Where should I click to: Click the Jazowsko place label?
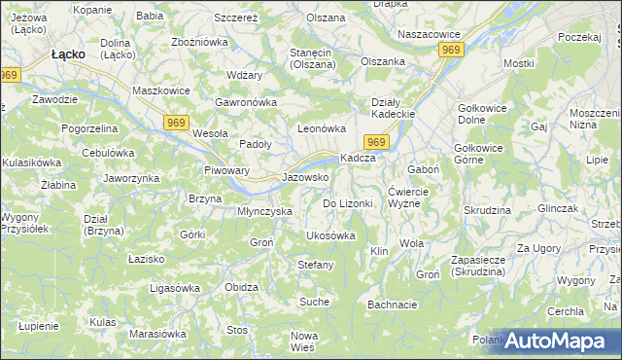[x=305, y=178]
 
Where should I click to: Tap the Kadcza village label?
[x=358, y=159]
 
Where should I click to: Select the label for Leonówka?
[x=322, y=128]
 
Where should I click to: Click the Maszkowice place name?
[x=160, y=91]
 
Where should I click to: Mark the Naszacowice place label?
[x=429, y=33]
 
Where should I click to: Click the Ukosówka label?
[x=330, y=236]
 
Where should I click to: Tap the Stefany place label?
[x=316, y=265]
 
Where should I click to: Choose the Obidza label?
[x=241, y=288]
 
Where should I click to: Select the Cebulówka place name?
[x=108, y=153]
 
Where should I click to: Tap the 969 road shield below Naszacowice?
[x=450, y=49]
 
